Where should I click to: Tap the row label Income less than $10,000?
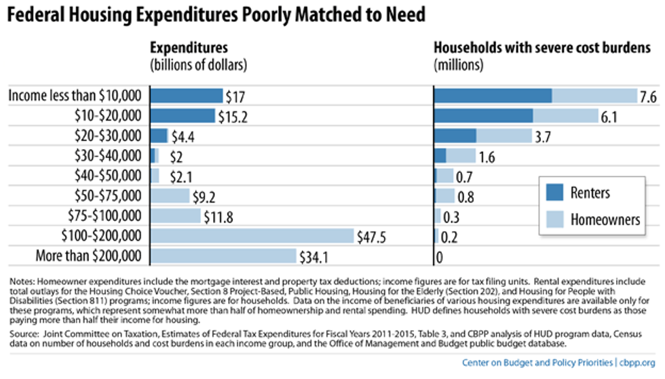tap(75, 96)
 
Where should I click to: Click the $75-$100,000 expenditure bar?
tap(175, 216)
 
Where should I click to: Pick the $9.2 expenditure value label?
tap(204, 197)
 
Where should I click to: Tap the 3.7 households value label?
tap(542, 136)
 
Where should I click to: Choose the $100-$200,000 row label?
tap(98, 236)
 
